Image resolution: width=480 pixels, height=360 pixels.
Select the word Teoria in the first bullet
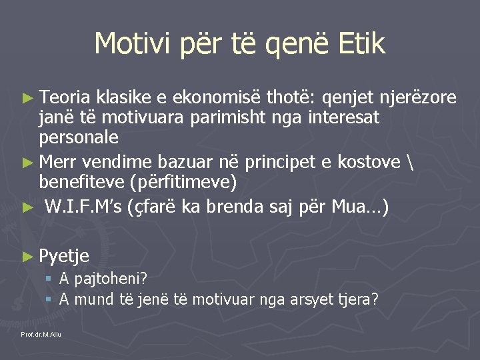coord(65,98)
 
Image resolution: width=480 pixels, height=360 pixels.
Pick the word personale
coord(79,137)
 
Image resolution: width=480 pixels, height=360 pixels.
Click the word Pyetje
coord(64,255)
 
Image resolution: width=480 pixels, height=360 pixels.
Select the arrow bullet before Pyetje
coord(27,255)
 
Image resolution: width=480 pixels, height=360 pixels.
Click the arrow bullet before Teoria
coord(27,99)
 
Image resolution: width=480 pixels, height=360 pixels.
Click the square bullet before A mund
coord(49,300)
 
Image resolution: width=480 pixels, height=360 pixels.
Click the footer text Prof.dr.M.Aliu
coord(41,334)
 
